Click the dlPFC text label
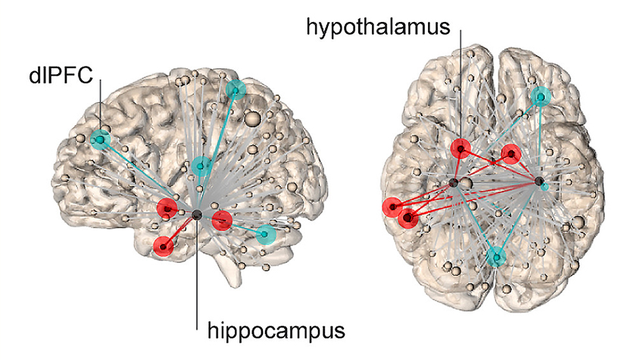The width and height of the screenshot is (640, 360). [x=61, y=75]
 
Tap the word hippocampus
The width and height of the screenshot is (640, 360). [x=276, y=330]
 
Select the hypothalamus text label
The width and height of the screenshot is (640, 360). [x=378, y=27]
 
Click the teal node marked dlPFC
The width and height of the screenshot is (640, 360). [x=101, y=139]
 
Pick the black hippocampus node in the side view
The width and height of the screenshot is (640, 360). [x=197, y=214]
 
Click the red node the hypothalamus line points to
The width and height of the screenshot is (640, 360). [x=460, y=149]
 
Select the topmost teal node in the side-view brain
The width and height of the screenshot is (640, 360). [x=236, y=90]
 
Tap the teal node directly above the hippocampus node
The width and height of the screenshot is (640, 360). [x=201, y=166]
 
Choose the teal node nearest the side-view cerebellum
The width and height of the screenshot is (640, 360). [x=266, y=234]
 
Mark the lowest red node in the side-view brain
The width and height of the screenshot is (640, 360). [x=164, y=246]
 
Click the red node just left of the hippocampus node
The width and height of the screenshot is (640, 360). [x=167, y=208]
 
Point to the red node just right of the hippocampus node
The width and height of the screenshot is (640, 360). [x=222, y=221]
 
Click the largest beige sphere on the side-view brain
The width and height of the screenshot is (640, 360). [x=253, y=119]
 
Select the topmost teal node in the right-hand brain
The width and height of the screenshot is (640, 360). [x=541, y=97]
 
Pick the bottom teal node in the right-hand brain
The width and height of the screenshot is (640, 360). [x=497, y=257]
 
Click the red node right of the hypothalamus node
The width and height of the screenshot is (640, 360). [x=511, y=154]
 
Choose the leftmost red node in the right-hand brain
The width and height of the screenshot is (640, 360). [x=392, y=207]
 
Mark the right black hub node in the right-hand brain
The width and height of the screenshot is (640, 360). [x=539, y=181]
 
